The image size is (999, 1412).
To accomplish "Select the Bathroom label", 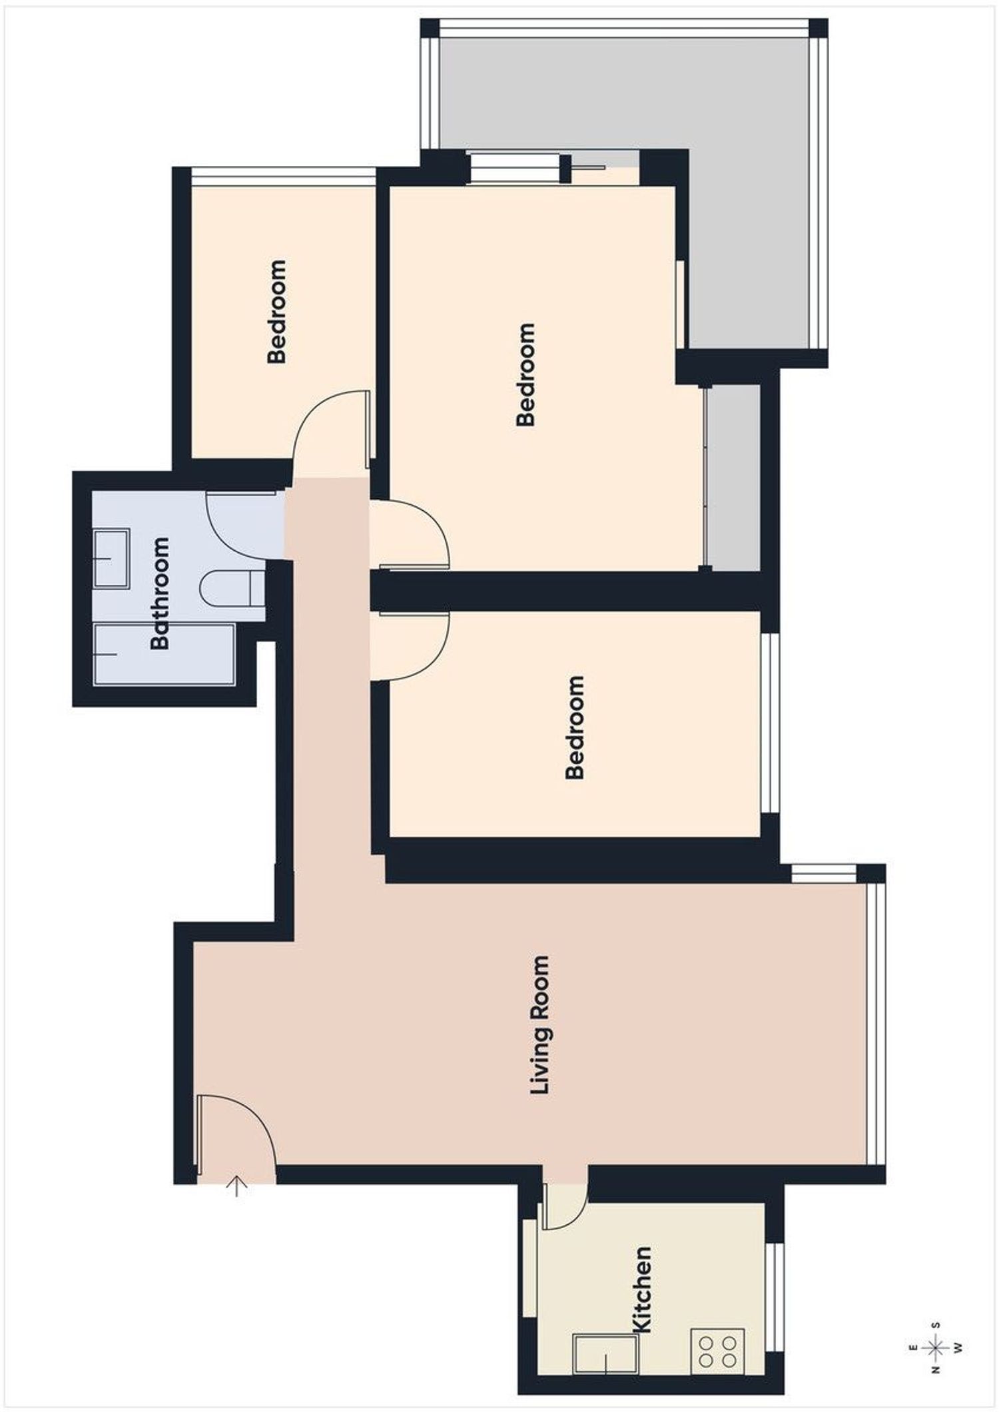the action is (x=161, y=593).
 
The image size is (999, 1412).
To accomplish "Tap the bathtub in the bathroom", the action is (x=165, y=654).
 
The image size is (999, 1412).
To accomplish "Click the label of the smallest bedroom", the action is (x=276, y=311).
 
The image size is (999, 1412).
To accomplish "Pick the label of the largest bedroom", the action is (x=525, y=374).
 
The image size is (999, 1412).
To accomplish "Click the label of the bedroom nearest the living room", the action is (x=575, y=727).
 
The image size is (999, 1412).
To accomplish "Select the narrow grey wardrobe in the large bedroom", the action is (x=733, y=477).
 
